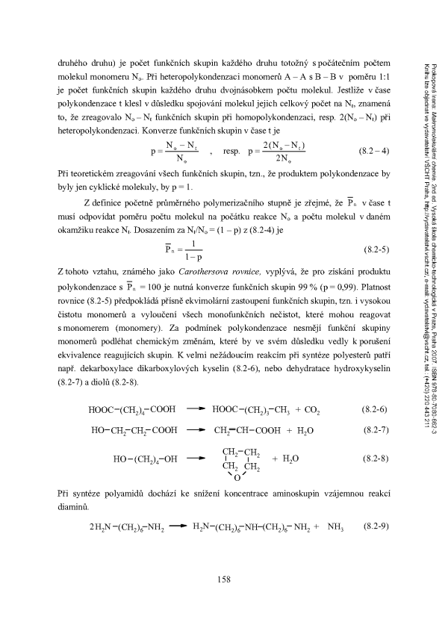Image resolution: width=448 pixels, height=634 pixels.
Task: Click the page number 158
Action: (223, 579)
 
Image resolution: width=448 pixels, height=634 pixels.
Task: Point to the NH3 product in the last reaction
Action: (334, 528)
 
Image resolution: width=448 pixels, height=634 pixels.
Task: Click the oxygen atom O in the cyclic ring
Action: (237, 476)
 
